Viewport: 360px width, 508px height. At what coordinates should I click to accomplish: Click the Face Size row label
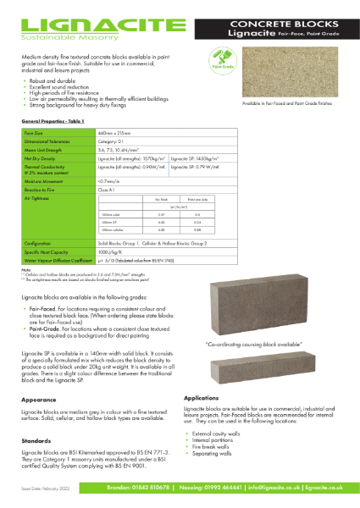(35, 133)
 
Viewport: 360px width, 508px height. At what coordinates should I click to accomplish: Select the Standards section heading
(36, 440)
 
